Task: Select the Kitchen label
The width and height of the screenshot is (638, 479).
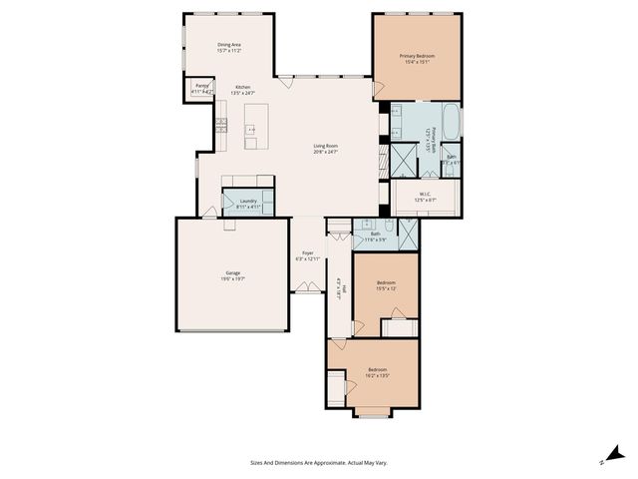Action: [x=242, y=91]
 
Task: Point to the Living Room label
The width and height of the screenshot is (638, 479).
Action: [x=326, y=150]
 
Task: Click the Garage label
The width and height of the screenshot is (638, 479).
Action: [x=232, y=275]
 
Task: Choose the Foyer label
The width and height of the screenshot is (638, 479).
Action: [x=308, y=255]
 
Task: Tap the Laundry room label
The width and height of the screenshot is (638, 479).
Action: [x=248, y=204]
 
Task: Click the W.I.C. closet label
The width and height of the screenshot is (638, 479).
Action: [x=425, y=197]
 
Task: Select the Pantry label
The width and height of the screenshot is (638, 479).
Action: [x=201, y=88]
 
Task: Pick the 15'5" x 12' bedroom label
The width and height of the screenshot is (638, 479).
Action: [x=386, y=285]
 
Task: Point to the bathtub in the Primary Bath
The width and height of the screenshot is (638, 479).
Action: [x=451, y=123]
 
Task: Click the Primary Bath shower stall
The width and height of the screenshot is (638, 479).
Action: [x=404, y=160]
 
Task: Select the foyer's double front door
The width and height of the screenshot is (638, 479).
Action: [x=308, y=289]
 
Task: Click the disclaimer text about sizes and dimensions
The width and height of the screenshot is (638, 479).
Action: [x=318, y=462]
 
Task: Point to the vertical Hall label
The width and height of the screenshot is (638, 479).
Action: [x=339, y=286]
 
